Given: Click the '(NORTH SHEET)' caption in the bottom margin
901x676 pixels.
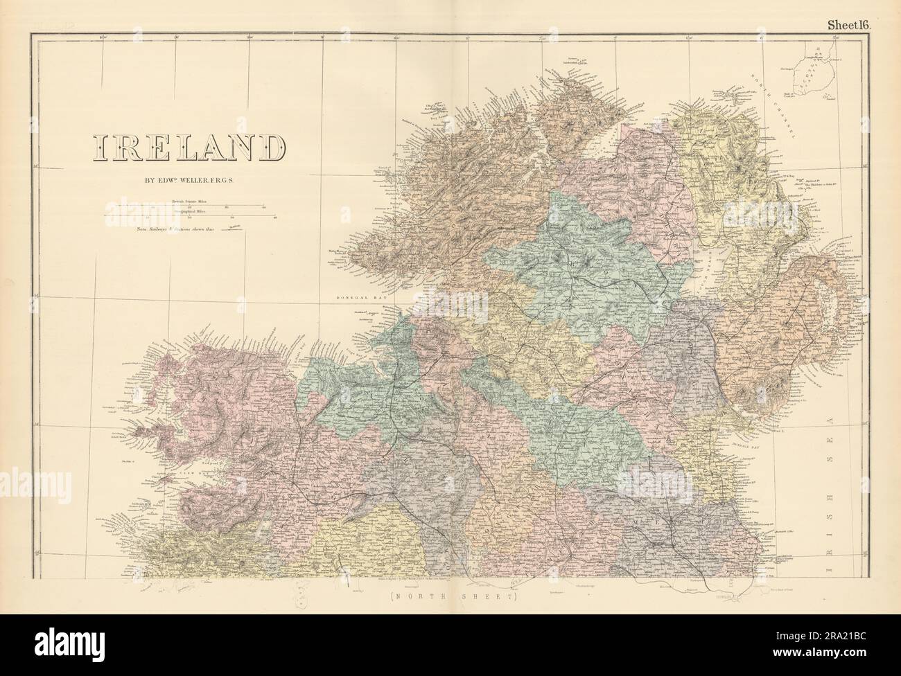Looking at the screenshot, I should [450, 596].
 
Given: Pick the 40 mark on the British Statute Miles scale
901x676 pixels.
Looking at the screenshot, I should [263, 206].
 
